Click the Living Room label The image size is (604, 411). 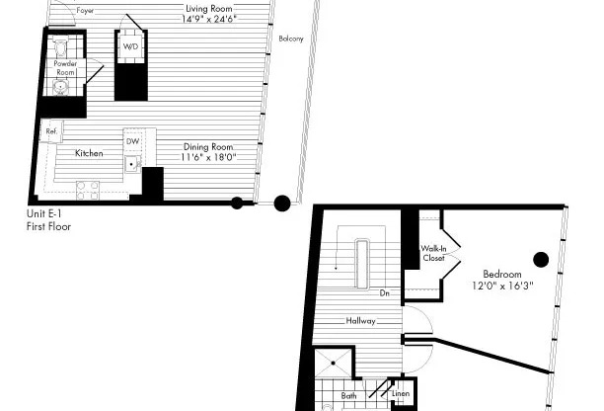click(x=209, y=9)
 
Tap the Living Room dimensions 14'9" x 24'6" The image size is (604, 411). click(x=209, y=19)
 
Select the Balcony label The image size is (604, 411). click(x=291, y=39)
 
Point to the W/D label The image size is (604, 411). click(x=130, y=46)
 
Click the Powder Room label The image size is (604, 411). click(x=65, y=68)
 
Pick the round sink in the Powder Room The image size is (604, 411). click(x=60, y=87)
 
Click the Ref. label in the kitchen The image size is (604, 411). click(x=51, y=131)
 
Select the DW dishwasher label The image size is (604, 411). click(x=132, y=141)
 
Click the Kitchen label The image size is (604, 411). click(x=89, y=153)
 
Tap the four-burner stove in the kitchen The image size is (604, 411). click(x=88, y=191)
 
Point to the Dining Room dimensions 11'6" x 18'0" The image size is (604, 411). click(x=208, y=157)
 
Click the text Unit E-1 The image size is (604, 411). click(x=43, y=213)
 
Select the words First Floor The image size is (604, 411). click(x=48, y=226)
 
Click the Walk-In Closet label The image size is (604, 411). click(x=433, y=253)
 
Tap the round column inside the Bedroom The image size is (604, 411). click(x=541, y=260)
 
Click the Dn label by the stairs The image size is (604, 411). click(x=385, y=293)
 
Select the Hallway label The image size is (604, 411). click(x=360, y=321)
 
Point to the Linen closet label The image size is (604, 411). click(x=401, y=393)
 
